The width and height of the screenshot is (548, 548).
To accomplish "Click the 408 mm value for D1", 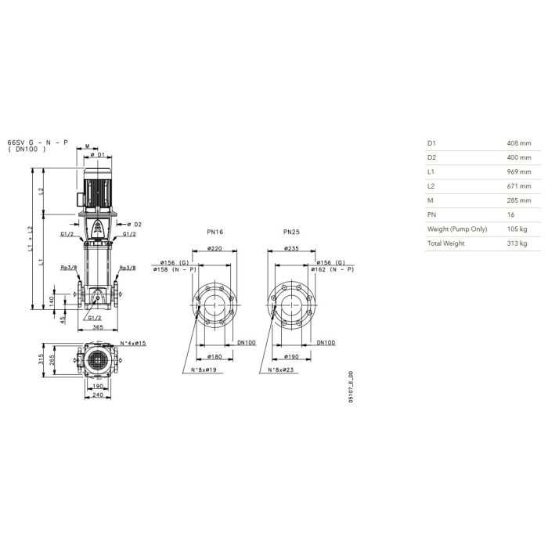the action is click(518, 143).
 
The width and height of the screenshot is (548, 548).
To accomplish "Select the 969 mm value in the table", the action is click(518, 171).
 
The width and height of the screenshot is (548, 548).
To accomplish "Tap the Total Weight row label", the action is click(445, 243).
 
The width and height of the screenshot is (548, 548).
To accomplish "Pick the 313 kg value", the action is click(517, 243).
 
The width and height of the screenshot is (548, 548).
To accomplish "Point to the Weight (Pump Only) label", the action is click(456, 229).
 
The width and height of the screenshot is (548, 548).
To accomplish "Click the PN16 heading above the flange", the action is click(215, 232).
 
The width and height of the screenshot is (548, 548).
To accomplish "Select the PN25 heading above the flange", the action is click(291, 232).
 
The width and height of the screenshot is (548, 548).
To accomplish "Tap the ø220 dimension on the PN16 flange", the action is click(215, 248).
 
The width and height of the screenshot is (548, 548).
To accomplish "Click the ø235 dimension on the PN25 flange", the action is click(291, 248).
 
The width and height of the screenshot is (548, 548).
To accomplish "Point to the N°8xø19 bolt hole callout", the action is click(204, 370).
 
